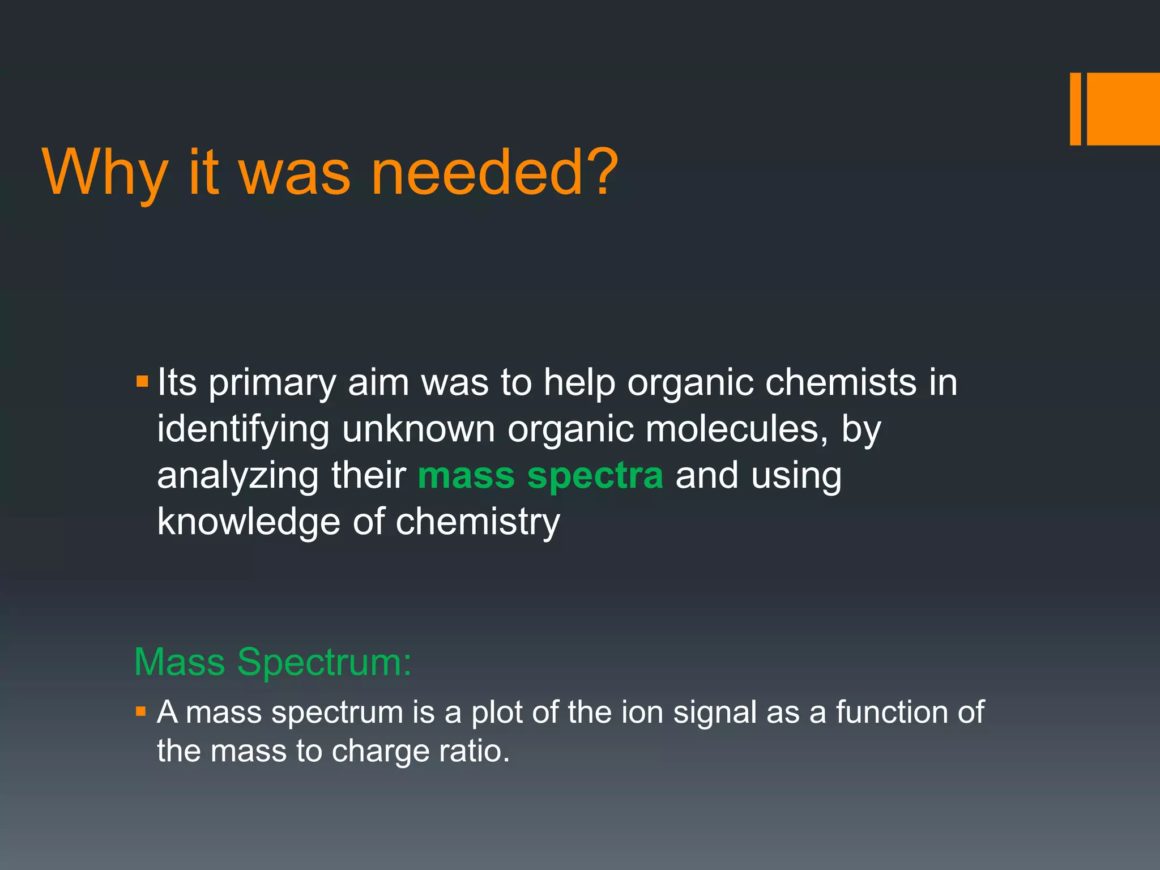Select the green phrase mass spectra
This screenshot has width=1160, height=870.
540,475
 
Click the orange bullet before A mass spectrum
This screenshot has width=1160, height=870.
141,711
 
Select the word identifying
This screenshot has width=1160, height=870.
243,430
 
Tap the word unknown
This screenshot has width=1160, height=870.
419,429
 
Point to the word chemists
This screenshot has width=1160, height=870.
841,382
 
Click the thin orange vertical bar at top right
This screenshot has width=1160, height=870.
1075,109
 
